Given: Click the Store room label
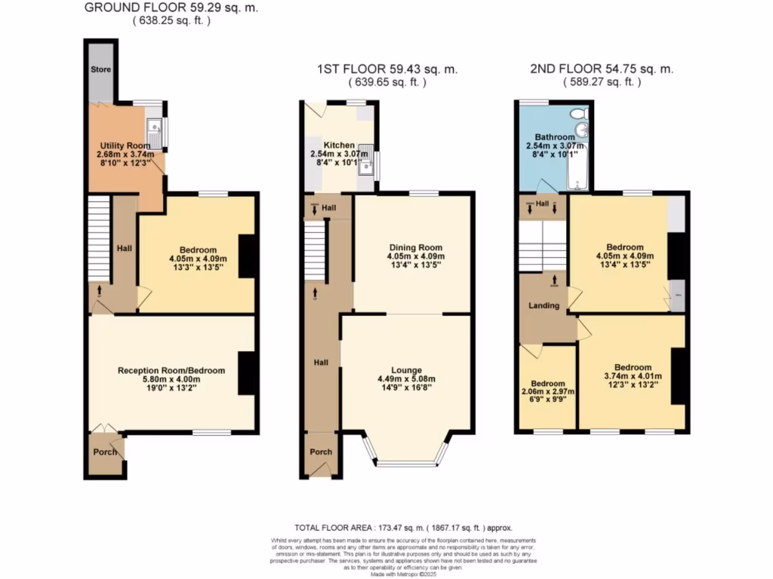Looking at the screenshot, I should (101, 70).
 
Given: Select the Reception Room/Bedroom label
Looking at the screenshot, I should (171, 370).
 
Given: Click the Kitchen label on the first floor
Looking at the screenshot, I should (338, 145).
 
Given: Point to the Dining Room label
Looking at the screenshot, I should (415, 247).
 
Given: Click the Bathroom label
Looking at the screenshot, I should (555, 137).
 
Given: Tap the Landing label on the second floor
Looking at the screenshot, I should (544, 305).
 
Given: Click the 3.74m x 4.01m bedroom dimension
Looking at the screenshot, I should (633, 376).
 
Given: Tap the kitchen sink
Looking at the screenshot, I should (365, 167).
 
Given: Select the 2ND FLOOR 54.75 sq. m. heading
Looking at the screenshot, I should (602, 69).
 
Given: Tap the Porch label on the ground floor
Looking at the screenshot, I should (105, 452).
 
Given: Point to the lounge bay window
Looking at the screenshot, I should (408, 460).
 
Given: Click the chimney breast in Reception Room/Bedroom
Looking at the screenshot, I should (247, 373).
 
